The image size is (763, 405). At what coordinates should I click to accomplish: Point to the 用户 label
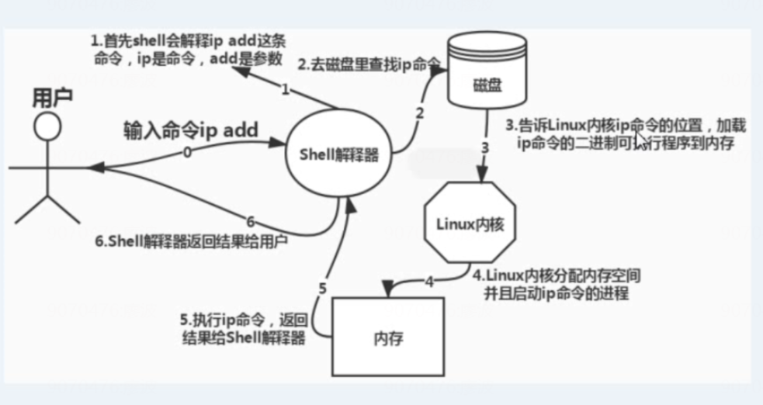[52, 97]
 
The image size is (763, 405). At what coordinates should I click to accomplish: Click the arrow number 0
[186, 153]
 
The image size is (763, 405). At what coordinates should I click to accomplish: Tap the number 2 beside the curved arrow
[420, 113]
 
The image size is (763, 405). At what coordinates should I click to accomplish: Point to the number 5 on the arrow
[322, 289]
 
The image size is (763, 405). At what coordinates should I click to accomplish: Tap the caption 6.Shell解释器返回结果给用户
[192, 241]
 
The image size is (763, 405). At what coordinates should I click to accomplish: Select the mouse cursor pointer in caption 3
[641, 141]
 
